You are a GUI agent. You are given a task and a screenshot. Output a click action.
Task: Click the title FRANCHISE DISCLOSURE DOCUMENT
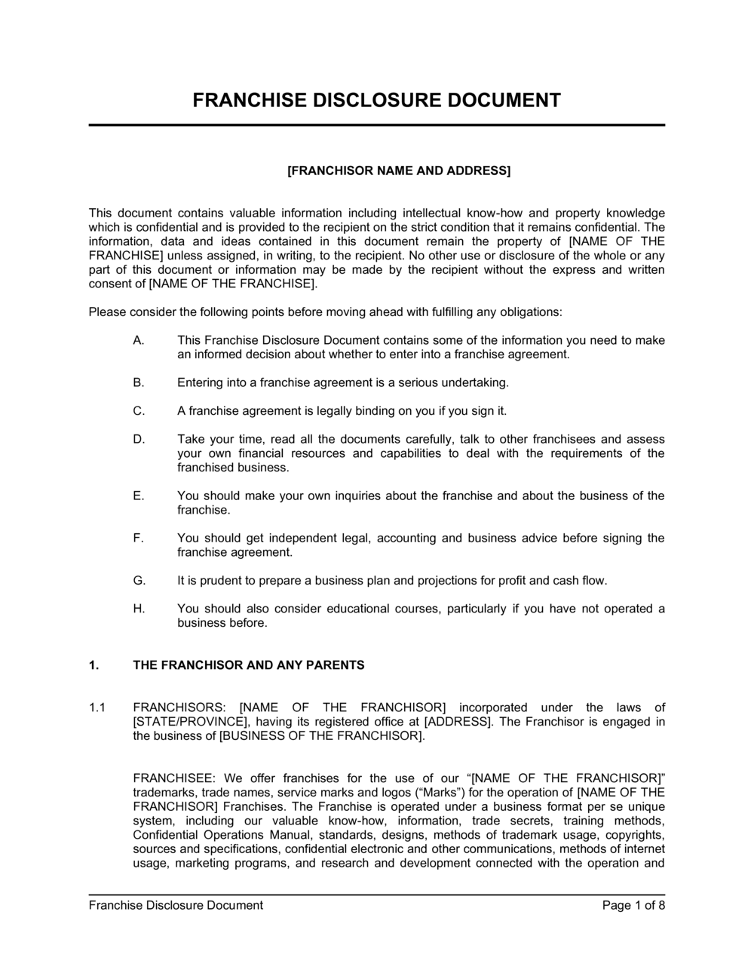(x=377, y=100)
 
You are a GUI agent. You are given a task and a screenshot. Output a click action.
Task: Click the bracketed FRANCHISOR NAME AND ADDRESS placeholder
(x=399, y=170)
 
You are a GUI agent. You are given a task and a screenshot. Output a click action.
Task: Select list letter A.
(x=138, y=340)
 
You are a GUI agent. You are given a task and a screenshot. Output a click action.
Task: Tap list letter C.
(x=138, y=411)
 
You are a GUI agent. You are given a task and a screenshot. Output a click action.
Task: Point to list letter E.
(x=138, y=496)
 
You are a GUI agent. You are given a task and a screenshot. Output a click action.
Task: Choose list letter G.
(x=139, y=581)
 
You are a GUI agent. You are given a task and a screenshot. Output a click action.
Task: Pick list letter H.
(x=139, y=609)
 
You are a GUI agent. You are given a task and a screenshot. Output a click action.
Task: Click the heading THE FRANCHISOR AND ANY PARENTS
(x=248, y=665)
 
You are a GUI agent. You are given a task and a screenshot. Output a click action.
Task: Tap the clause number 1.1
(x=97, y=707)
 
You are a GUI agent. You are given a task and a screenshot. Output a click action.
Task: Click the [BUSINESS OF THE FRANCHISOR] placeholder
(x=321, y=736)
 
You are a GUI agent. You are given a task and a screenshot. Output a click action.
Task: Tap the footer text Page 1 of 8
(x=633, y=905)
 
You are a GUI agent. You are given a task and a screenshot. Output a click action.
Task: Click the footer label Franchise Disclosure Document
(x=176, y=905)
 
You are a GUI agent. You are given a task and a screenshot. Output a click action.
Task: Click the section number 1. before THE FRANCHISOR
(x=93, y=665)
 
